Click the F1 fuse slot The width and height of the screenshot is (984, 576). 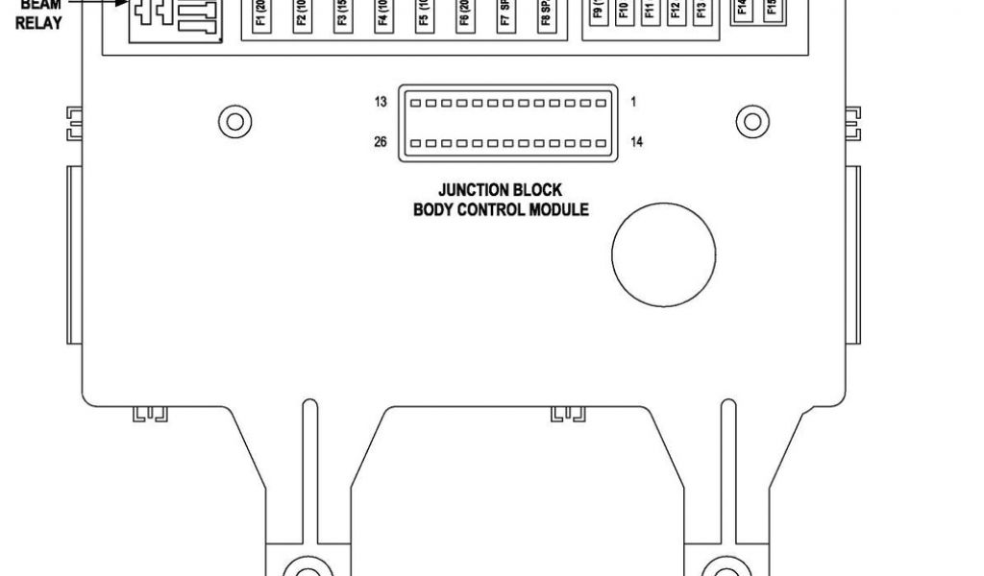[260, 17]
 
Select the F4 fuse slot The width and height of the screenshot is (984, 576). [382, 17]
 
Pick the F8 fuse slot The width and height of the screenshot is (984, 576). [546, 17]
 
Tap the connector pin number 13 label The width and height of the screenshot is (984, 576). [381, 102]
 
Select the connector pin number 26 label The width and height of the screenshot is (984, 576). [381, 143]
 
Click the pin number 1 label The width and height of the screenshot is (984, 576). [634, 102]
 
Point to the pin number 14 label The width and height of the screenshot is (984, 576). [636, 143]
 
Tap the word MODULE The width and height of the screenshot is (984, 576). [559, 209]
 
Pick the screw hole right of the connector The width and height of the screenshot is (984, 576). [751, 122]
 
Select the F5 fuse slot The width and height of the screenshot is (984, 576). [424, 17]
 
